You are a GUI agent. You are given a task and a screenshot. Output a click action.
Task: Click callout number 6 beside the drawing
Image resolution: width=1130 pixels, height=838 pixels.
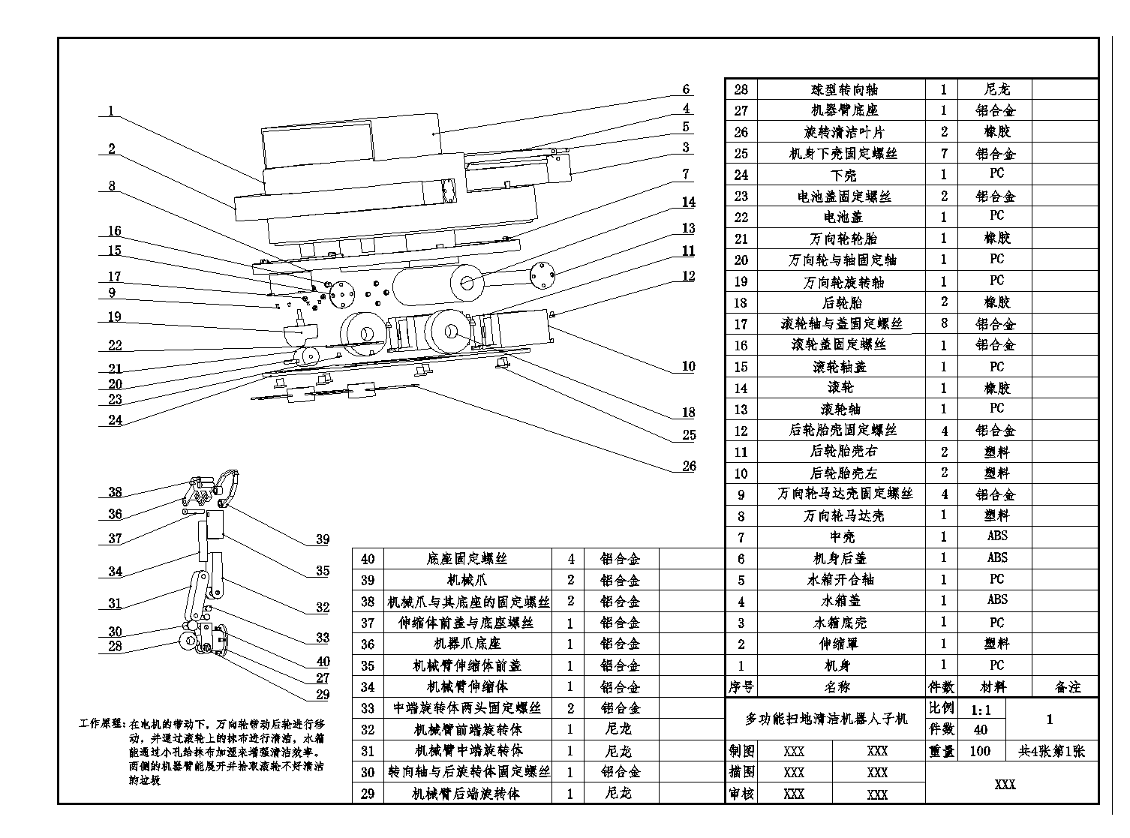[x=686, y=89]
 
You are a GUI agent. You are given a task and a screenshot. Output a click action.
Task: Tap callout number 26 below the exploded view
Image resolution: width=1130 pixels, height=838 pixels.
[x=689, y=466]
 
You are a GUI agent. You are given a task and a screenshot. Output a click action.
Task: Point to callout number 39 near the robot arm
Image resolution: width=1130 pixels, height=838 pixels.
[x=322, y=539]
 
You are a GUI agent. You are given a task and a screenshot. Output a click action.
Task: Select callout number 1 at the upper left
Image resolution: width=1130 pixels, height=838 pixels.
[x=111, y=111]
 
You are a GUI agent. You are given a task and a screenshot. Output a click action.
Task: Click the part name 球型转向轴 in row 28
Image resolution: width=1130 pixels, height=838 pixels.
[x=840, y=89]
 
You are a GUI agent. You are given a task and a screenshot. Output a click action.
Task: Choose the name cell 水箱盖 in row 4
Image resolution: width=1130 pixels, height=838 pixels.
[x=842, y=601]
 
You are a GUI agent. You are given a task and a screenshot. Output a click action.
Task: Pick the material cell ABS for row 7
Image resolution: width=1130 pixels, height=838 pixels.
[x=996, y=536]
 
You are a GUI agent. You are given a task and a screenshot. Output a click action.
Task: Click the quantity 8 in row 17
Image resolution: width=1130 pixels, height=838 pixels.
[x=944, y=323]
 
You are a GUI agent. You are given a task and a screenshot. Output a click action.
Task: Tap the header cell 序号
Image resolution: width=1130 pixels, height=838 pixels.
[x=741, y=686]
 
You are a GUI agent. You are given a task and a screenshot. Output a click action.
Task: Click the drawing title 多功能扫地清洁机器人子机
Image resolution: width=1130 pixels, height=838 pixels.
[x=825, y=719]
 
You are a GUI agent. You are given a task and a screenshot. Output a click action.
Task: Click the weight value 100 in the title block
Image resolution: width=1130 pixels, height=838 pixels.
[x=980, y=751]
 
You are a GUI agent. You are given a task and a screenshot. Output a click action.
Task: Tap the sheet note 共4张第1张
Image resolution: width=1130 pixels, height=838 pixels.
[x=1051, y=751]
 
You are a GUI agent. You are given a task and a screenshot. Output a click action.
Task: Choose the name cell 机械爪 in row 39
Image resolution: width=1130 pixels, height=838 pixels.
[x=467, y=580]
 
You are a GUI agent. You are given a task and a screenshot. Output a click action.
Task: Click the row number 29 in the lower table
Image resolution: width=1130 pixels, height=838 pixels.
[x=368, y=793]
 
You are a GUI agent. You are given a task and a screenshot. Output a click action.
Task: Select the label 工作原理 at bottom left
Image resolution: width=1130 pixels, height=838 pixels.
[x=101, y=725]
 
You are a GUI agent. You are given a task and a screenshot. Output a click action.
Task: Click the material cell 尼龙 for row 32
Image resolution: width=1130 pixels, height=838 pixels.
[x=618, y=729]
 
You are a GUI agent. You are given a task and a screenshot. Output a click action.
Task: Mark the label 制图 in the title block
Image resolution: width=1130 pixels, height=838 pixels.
[x=741, y=751]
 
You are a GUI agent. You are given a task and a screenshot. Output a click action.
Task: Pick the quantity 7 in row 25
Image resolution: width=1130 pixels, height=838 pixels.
[x=944, y=153]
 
